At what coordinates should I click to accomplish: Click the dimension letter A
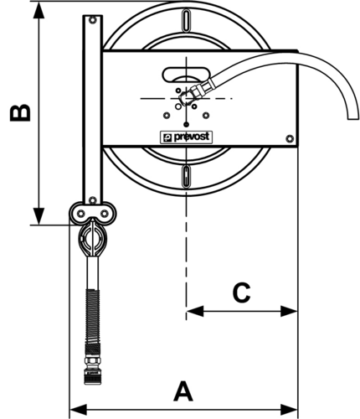pos(183,391)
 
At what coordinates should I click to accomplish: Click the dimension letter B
pos(20,113)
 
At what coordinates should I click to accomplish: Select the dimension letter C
pos(241,292)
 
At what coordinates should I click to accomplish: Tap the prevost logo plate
pos(186,137)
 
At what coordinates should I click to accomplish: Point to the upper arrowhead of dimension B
pos(39,10)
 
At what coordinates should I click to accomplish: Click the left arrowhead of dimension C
pos(195,311)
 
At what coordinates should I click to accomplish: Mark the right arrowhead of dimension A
pos(289,410)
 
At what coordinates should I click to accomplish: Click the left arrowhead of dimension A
pos(78,410)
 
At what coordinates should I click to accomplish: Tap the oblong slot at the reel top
pos(186,21)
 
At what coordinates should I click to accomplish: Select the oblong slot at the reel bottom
pos(186,177)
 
